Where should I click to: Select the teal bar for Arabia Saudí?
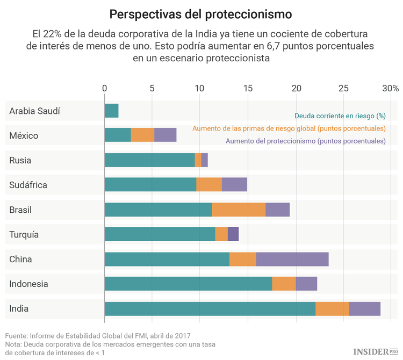(x=111, y=111)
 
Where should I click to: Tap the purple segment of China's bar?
(x=292, y=259)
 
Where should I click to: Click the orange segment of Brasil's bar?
(x=239, y=210)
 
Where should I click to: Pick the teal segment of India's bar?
(x=210, y=308)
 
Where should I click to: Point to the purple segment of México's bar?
(x=165, y=135)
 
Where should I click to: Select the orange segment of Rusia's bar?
(x=198, y=160)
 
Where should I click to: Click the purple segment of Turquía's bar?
(x=233, y=234)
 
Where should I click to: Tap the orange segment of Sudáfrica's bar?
(x=209, y=185)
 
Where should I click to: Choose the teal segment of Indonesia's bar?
(x=188, y=284)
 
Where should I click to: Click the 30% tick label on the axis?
(x=391, y=88)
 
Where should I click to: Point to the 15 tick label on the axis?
(x=248, y=88)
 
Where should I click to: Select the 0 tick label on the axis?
(x=105, y=88)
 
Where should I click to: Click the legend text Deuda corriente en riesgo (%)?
(x=340, y=116)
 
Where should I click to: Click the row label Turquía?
(x=25, y=234)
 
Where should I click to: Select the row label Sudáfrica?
(x=28, y=185)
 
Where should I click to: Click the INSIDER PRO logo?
(x=376, y=351)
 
